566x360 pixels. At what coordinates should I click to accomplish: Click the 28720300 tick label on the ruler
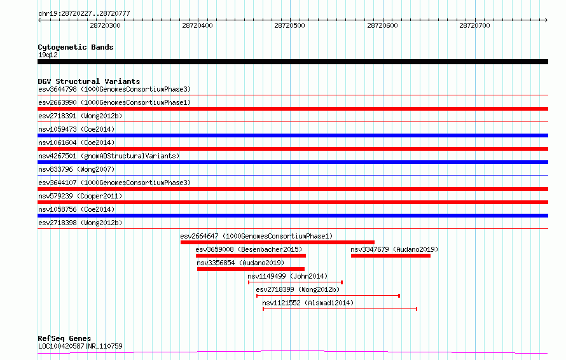pyautogui.click(x=105, y=25)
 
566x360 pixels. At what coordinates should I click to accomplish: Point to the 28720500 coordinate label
pyautogui.click(x=289, y=25)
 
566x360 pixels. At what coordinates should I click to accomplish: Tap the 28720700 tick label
pyautogui.click(x=474, y=25)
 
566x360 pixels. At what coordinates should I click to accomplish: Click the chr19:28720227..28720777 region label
pyautogui.click(x=84, y=13)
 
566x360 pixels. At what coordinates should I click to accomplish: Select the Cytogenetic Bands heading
pyautogui.click(x=76, y=47)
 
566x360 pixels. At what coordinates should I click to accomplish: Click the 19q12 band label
pyautogui.click(x=48, y=55)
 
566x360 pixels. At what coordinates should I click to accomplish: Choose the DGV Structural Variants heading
pyautogui.click(x=89, y=81)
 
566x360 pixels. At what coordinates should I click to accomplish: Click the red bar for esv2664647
pyautogui.click(x=277, y=242)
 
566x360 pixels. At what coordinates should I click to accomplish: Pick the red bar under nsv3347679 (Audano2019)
pyautogui.click(x=390, y=256)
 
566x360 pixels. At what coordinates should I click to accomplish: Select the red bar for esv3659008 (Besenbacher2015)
pyautogui.click(x=251, y=256)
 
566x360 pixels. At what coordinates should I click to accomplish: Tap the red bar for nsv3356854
pyautogui.click(x=251, y=269)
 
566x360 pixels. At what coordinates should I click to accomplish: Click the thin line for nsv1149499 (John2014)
pyautogui.click(x=295, y=282)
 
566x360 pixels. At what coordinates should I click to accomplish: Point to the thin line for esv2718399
pyautogui.click(x=328, y=296)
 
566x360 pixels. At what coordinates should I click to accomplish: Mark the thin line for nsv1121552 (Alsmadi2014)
pyautogui.click(x=340, y=309)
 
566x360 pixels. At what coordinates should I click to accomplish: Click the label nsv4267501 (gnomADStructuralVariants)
pyautogui.click(x=109, y=156)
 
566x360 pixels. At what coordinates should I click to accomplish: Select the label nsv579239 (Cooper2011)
pyautogui.click(x=80, y=196)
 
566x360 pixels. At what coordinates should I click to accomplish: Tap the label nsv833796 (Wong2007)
pyautogui.click(x=76, y=169)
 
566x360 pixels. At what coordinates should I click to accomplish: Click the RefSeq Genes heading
pyautogui.click(x=65, y=338)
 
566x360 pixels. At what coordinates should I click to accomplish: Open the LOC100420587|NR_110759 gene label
pyautogui.click(x=81, y=346)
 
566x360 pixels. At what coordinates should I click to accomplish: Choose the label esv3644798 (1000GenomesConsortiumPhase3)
pyautogui.click(x=114, y=89)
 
